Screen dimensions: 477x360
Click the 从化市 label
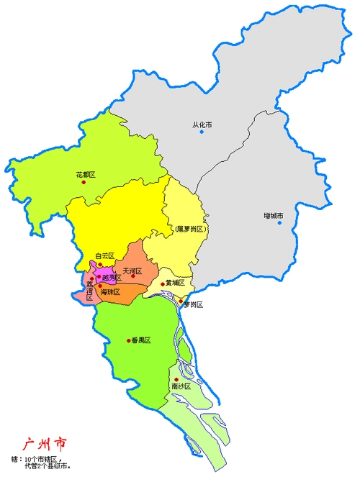point(202,124)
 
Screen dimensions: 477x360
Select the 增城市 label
point(273,216)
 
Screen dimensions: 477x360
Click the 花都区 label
point(86,175)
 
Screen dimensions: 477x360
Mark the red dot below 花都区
point(84,182)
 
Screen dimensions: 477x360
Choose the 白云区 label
point(105,255)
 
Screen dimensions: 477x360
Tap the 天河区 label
point(132,271)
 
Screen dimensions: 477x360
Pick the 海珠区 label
point(110,291)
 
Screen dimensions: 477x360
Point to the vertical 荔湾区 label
point(90,291)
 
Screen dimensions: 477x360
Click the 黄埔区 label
point(176,283)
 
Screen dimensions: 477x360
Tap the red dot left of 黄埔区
point(163,283)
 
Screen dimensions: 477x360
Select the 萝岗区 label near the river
point(193,305)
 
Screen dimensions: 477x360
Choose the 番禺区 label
point(140,340)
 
